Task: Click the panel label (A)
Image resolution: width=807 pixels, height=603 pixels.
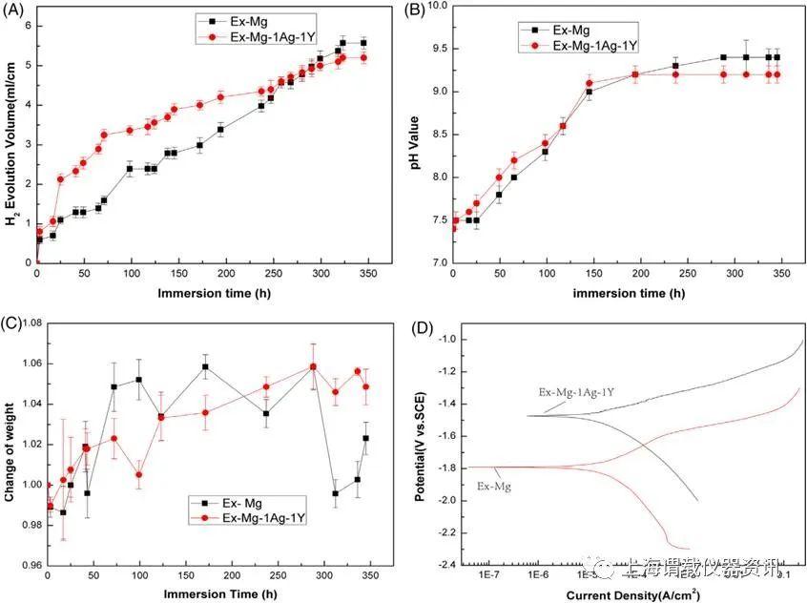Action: (x=13, y=11)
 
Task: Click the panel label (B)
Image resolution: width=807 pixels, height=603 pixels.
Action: (x=417, y=11)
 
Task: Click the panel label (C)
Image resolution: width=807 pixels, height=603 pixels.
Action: (x=13, y=322)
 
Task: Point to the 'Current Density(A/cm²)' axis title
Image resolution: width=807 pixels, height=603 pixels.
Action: (x=627, y=594)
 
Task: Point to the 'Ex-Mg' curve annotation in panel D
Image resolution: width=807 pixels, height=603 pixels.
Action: (x=492, y=486)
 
